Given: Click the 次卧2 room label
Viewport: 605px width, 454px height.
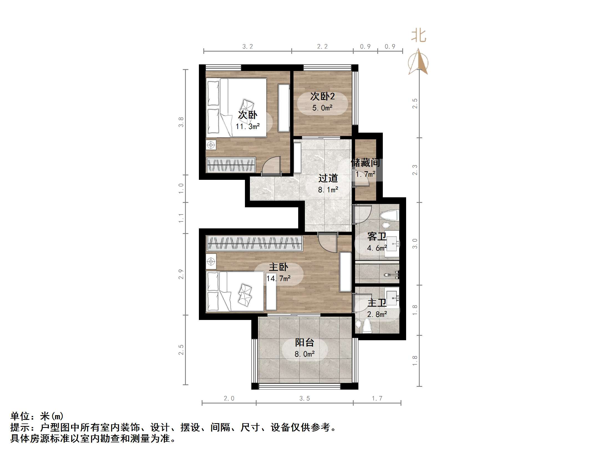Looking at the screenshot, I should click(x=322, y=96).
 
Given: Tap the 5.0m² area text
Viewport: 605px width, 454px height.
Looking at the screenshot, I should click(x=322, y=108).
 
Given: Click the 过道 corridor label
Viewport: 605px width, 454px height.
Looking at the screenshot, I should click(x=328, y=178).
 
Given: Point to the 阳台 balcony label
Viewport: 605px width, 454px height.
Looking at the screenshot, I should click(x=304, y=342).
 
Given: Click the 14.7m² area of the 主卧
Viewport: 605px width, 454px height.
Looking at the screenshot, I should click(x=278, y=278).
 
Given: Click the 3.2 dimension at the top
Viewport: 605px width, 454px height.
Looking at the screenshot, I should click(x=247, y=47).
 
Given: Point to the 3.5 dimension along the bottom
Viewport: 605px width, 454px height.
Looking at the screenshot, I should click(x=304, y=398).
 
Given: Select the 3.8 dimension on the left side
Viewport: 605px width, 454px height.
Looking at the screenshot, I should click(x=181, y=122).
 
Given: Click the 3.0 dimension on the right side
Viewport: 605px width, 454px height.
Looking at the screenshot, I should click(x=415, y=244).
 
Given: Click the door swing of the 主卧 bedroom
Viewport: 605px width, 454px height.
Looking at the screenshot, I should click(x=327, y=243).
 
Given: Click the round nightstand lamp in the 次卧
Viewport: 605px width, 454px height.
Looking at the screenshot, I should click(x=211, y=145).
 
